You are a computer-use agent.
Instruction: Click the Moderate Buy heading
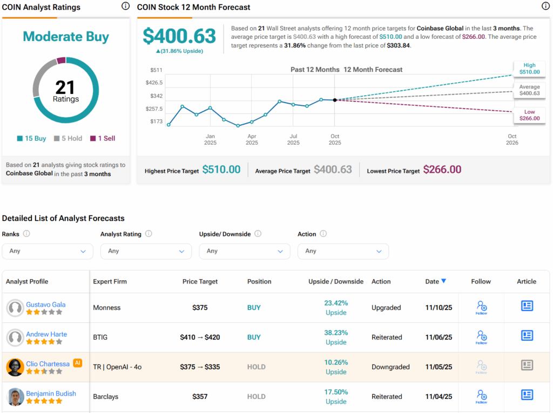66,37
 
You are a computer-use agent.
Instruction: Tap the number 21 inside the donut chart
66,87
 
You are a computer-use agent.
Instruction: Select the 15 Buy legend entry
32,138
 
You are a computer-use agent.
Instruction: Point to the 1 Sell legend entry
103,138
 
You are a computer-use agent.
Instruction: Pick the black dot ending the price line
335,100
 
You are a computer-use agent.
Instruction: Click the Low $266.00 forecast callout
529,114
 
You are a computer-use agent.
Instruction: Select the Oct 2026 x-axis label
512,139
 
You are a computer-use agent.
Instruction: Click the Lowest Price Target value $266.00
442,170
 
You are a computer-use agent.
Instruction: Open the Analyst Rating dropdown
146,251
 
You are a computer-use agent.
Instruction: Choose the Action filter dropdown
343,251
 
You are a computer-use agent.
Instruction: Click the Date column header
435,281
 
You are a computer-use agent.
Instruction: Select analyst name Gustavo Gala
46,304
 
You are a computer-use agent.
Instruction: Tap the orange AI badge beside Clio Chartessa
77,363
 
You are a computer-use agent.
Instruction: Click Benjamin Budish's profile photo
15,397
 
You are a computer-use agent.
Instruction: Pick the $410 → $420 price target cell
200,337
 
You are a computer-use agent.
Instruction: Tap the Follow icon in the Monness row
481,307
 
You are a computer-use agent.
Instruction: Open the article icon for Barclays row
527,395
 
